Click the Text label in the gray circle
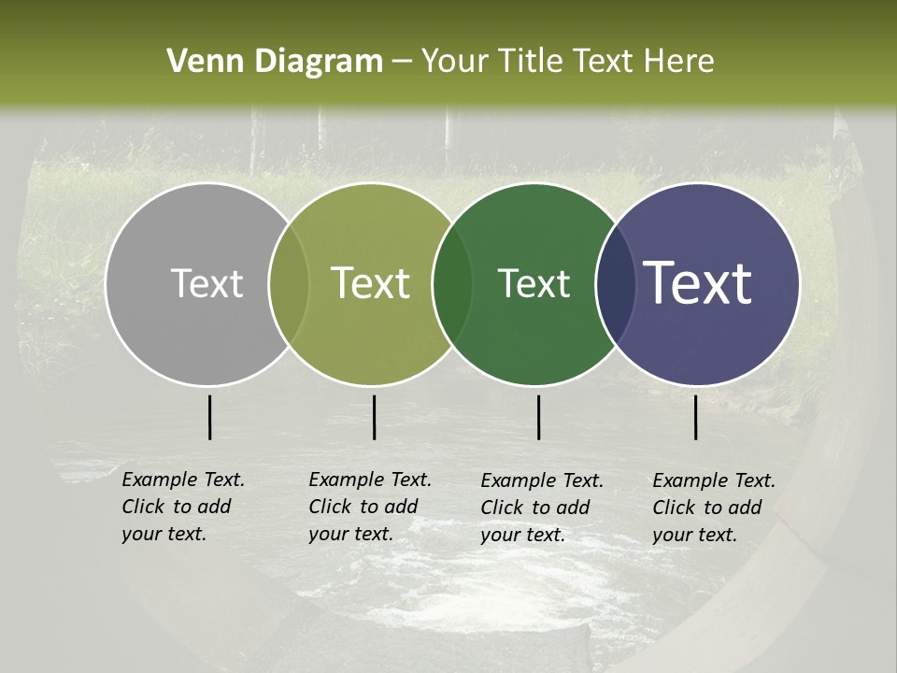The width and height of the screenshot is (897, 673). (206, 283)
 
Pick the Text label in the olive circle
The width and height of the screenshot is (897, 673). (371, 283)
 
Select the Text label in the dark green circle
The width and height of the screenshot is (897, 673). (534, 283)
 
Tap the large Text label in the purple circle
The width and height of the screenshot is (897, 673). (698, 283)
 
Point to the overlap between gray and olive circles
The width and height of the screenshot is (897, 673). (289, 283)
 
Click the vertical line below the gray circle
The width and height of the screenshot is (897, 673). (209, 417)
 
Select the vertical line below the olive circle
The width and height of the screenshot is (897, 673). (374, 417)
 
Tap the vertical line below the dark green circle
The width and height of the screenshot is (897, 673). (538, 417)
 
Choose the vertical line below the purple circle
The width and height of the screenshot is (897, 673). (695, 417)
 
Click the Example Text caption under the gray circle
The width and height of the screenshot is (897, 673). (183, 507)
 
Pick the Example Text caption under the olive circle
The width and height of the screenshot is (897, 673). (370, 507)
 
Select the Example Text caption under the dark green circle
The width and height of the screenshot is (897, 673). (542, 508)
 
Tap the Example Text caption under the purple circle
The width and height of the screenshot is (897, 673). (714, 508)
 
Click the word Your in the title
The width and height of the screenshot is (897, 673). (454, 62)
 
